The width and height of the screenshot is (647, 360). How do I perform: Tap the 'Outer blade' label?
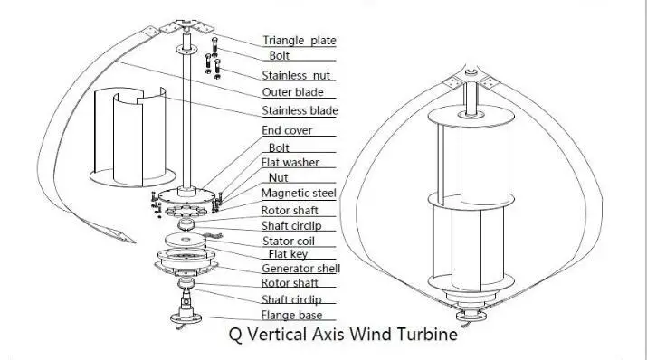(292, 92)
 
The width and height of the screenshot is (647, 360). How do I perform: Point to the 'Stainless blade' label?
(300, 110)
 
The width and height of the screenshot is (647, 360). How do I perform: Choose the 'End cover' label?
(287, 130)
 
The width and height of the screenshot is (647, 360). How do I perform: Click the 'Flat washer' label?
(290, 163)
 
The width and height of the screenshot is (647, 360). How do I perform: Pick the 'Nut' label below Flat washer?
(279, 178)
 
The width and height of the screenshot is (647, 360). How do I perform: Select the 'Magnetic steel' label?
(299, 194)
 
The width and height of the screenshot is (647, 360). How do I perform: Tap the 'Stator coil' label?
(292, 240)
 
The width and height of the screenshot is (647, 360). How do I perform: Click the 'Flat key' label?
(283, 253)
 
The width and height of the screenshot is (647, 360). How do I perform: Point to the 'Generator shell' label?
(300, 269)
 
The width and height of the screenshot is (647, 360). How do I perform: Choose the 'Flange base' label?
(292, 316)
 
